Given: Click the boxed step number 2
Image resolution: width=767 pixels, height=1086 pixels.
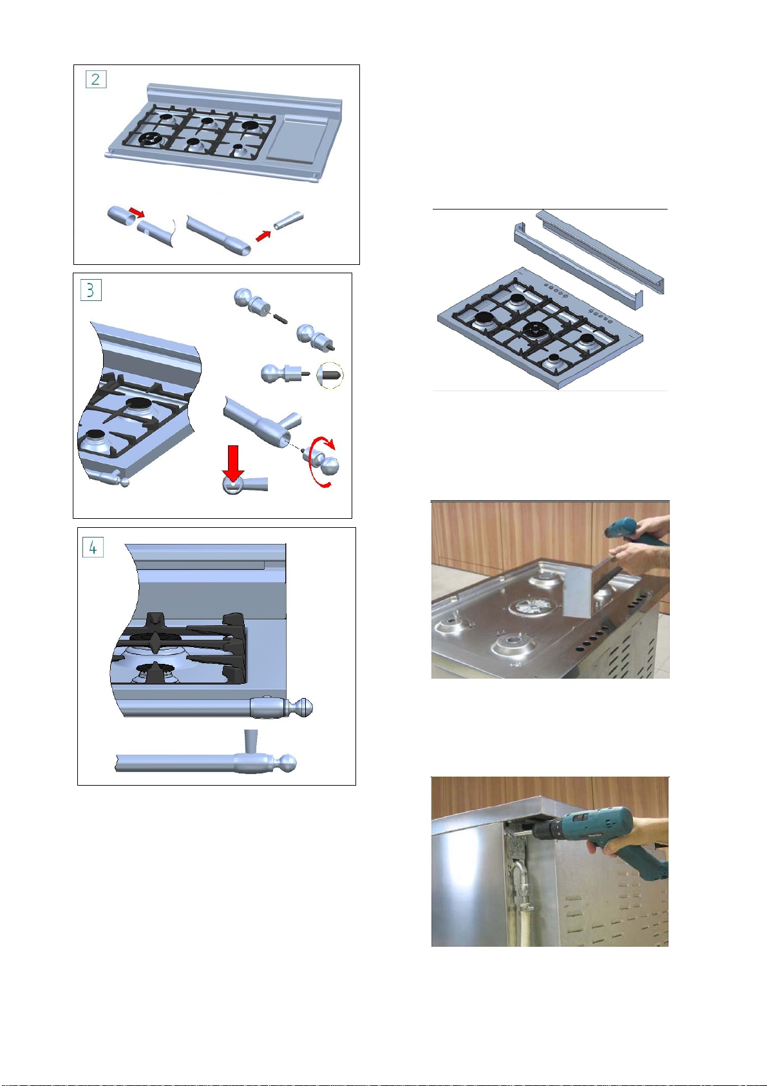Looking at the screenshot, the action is pyautogui.click(x=96, y=79).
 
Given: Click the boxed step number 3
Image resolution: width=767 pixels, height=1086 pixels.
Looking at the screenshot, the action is pyautogui.click(x=91, y=291).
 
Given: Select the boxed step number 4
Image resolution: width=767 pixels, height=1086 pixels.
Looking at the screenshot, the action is pyautogui.click(x=93, y=547).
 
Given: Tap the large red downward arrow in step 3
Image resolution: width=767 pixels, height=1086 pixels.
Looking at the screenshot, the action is pyautogui.click(x=234, y=464).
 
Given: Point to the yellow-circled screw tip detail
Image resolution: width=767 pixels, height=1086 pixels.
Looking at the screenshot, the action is pyautogui.click(x=330, y=375).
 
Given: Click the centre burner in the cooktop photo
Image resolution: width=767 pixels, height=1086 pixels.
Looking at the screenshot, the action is pyautogui.click(x=535, y=606).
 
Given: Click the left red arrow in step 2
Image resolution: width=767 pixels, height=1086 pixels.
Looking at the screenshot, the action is pyautogui.click(x=137, y=213).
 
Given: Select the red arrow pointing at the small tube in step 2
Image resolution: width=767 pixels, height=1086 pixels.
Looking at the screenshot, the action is pyautogui.click(x=263, y=236).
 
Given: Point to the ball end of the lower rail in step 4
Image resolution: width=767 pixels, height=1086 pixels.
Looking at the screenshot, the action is pyautogui.click(x=289, y=763).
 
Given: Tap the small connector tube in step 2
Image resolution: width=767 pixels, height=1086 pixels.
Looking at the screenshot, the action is pyautogui.click(x=289, y=220).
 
